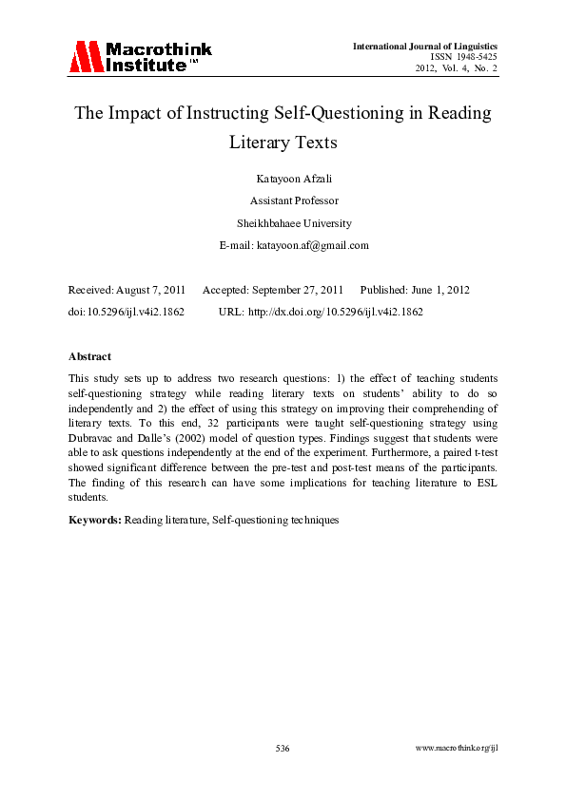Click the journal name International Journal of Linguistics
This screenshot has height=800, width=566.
[425, 46]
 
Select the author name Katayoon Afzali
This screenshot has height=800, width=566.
[283, 179]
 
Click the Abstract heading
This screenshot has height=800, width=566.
[89, 356]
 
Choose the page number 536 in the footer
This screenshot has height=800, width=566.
[283, 749]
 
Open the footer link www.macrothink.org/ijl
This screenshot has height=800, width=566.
[458, 749]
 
